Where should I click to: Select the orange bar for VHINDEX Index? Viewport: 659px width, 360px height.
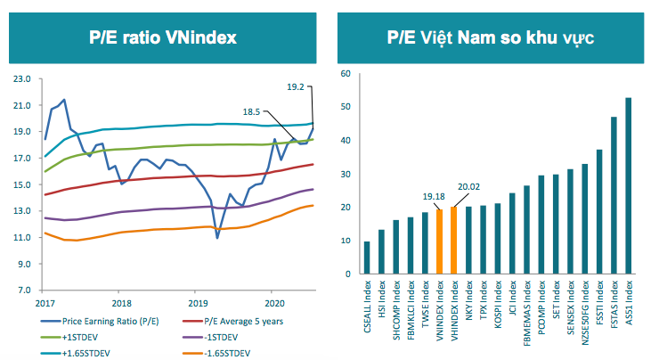(x=454, y=240)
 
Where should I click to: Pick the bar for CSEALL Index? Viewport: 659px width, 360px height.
(x=367, y=258)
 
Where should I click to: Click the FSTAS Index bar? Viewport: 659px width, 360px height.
(x=614, y=195)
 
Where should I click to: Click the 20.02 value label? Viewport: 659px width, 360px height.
(x=466, y=187)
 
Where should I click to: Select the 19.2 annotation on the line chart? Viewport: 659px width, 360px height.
(x=297, y=86)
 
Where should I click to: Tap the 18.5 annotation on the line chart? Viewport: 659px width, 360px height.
(x=253, y=112)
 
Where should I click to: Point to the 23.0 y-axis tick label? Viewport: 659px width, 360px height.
(x=19, y=79)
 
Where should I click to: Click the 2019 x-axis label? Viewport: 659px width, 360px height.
(x=196, y=304)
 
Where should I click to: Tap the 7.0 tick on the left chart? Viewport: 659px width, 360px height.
(x=21, y=291)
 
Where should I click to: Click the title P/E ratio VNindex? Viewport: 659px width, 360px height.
(x=162, y=37)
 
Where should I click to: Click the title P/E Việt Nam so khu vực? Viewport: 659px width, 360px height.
(x=491, y=37)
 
